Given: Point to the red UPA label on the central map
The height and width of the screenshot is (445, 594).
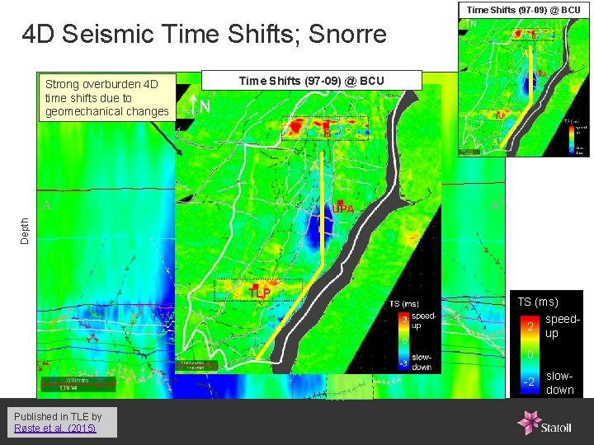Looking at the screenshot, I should pos(342,209).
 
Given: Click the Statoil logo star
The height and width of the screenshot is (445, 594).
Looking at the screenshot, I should pos(527,422).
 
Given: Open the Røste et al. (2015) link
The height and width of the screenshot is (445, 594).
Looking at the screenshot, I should pos(54,428).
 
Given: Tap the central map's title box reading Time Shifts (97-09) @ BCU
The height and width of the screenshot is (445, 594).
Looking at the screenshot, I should pos(311,80).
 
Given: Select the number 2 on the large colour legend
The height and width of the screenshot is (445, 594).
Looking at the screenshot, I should pos(530,327).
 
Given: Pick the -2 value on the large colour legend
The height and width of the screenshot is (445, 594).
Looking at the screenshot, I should pos(529,382).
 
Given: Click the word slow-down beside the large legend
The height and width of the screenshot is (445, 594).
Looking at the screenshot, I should pos(560,382).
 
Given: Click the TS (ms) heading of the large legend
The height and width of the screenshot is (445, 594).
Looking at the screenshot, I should pos(537,302).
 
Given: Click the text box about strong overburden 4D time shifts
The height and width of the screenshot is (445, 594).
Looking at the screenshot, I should pos(107,98).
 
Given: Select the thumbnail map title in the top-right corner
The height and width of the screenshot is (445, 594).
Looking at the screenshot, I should pos(523,10).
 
